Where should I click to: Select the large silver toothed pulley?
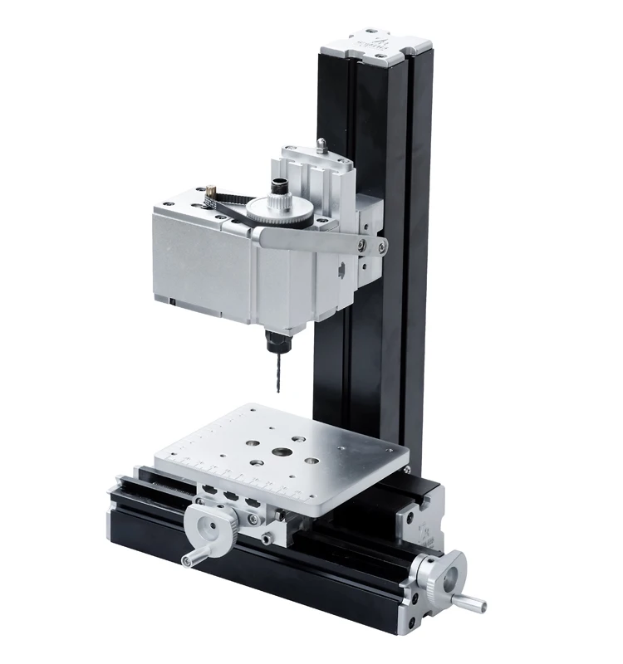pos(281,211)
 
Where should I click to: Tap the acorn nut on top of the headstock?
pos(322,145)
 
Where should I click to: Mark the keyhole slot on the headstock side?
pos(341,269)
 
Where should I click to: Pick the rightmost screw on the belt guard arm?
pos(381,247)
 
